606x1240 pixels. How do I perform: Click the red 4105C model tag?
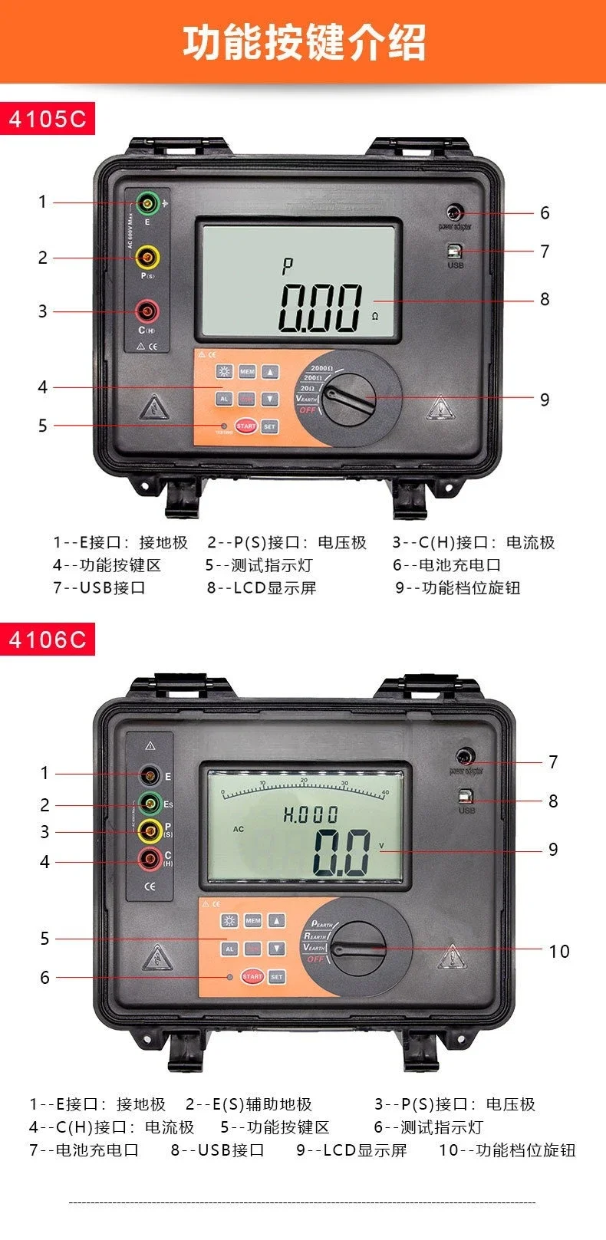(x=48, y=119)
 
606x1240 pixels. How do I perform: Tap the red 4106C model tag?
(x=48, y=640)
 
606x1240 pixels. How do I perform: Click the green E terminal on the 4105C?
(x=147, y=203)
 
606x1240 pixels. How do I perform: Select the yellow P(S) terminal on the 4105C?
(x=147, y=257)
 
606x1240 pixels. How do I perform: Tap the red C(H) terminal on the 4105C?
(x=147, y=311)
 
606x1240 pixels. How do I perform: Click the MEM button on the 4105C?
(x=247, y=372)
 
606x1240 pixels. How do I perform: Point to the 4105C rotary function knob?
(x=349, y=399)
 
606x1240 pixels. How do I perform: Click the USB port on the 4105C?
(x=456, y=251)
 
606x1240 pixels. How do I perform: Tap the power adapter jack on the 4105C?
(x=455, y=212)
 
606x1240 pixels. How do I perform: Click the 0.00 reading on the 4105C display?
(x=321, y=308)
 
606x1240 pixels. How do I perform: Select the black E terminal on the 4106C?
(x=150, y=774)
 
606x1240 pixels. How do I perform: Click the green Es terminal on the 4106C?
(x=150, y=805)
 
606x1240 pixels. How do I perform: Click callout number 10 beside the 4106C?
(x=559, y=952)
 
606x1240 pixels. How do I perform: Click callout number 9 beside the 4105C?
(x=545, y=400)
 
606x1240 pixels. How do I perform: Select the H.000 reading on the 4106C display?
(x=310, y=814)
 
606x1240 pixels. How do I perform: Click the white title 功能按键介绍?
(x=304, y=41)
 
